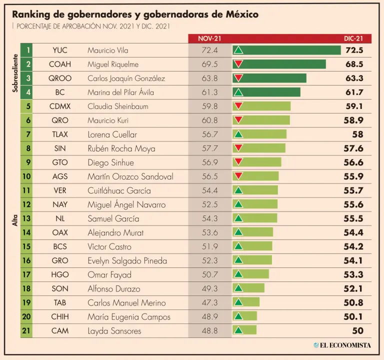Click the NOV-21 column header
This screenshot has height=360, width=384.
tap(209, 38)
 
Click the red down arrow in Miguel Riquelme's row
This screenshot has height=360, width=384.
tap(238, 64)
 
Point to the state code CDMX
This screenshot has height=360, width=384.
tap(60, 106)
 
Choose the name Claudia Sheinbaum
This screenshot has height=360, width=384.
tap(117, 106)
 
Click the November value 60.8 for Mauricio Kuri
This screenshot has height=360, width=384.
tap(208, 120)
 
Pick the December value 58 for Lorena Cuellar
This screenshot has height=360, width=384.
tap(357, 134)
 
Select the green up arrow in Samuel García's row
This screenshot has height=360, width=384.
tap(238, 218)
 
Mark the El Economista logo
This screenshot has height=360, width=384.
tap(342, 345)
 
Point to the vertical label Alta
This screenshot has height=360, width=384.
tap(15, 225)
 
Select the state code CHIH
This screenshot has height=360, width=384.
tap(60, 316)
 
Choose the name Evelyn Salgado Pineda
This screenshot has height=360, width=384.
tap(127, 260)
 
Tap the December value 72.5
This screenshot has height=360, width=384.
tap(353, 50)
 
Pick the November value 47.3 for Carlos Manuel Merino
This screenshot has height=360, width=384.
tap(208, 302)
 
